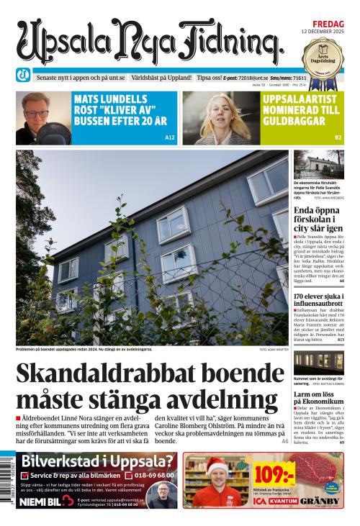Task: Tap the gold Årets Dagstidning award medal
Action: click(323, 55)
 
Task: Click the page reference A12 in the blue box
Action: click(170, 137)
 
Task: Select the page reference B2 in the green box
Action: click(338, 137)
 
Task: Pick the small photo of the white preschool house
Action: click(318, 165)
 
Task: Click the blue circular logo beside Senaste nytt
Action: click(24, 76)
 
